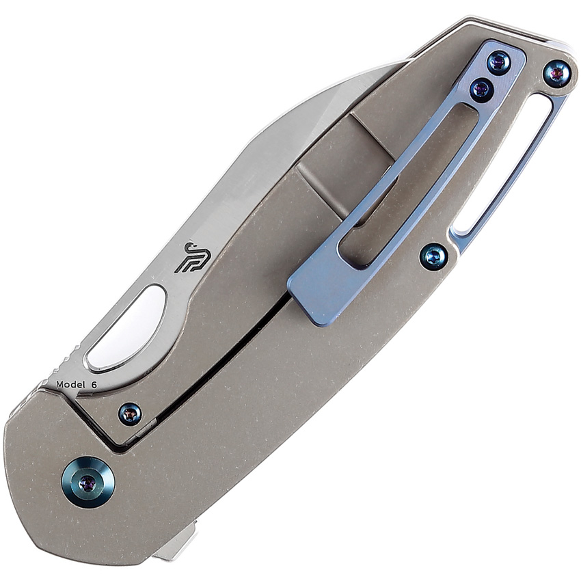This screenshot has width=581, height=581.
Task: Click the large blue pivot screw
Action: coord(89,483)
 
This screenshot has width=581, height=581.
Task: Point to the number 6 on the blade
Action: coord(94,385)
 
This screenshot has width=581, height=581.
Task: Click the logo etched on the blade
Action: coord(189,258)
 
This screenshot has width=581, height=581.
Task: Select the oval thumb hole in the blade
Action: coord(125,328)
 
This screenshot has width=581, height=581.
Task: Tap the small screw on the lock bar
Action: coord(130,414)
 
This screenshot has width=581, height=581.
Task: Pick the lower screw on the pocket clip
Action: coord(481,90)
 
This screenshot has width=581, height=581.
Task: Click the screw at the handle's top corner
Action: coord(556,74)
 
